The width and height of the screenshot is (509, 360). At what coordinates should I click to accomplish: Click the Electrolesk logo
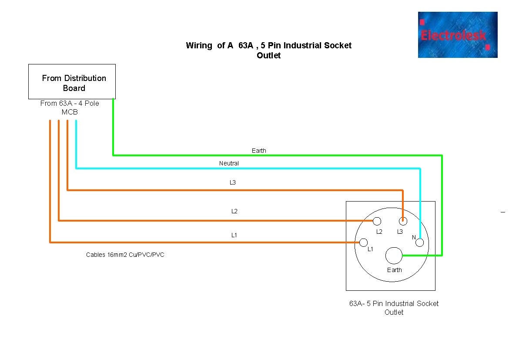pyautogui.click(x=457, y=35)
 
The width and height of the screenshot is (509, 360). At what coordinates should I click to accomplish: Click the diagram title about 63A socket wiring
pyautogui.click(x=268, y=50)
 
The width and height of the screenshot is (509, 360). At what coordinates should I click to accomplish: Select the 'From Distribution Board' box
pyautogui.click(x=72, y=82)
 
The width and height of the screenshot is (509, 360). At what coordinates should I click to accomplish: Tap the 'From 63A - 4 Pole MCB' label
pyautogui.click(x=70, y=108)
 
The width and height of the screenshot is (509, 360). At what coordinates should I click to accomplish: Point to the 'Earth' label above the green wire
pyautogui.click(x=259, y=151)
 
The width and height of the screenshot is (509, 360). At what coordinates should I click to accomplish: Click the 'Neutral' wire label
pyautogui.click(x=229, y=163)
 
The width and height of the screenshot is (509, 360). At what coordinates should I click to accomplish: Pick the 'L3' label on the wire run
pyautogui.click(x=233, y=182)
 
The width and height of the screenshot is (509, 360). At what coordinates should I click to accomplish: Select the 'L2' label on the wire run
pyautogui.click(x=234, y=211)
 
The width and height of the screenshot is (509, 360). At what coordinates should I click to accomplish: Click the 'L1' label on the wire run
pyautogui.click(x=234, y=235)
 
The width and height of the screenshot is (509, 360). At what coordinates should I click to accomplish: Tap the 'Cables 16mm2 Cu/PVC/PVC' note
pyautogui.click(x=125, y=255)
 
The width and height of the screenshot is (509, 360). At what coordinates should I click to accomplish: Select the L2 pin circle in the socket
pyautogui.click(x=377, y=221)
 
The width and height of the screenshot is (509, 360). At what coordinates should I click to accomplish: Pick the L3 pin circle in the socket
pyautogui.click(x=403, y=221)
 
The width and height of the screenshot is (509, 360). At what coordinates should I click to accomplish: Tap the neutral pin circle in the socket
pyautogui.click(x=419, y=243)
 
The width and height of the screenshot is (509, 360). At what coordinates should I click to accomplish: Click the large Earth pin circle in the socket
pyautogui.click(x=394, y=256)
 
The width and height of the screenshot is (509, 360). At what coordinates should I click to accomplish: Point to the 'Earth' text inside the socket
pyautogui.click(x=395, y=270)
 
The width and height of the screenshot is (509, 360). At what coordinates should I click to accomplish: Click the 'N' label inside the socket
pyautogui.click(x=414, y=237)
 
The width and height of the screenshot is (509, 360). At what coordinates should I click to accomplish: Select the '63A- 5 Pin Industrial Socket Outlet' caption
pyautogui.click(x=394, y=308)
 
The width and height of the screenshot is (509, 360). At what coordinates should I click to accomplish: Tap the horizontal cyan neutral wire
pyautogui.click(x=248, y=168)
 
